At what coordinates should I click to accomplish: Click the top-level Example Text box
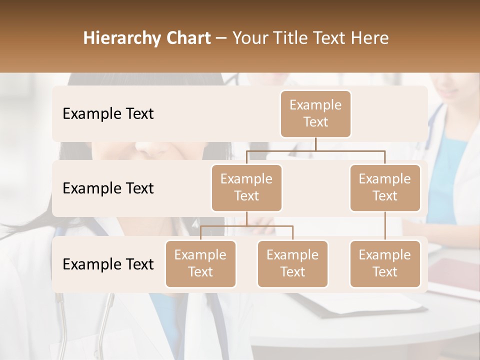click(x=315, y=113)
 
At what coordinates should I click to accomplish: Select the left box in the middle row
click(x=246, y=187)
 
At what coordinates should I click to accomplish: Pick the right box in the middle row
click(x=385, y=187)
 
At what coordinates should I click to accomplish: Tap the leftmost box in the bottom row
click(x=200, y=263)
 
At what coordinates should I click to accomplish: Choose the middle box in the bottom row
click(x=292, y=263)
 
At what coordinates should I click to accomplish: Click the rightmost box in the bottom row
click(x=385, y=263)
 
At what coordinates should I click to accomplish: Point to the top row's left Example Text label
click(x=108, y=114)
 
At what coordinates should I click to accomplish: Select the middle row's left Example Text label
click(x=108, y=188)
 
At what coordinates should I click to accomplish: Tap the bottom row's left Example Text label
click(x=108, y=264)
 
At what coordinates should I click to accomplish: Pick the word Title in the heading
click(x=290, y=38)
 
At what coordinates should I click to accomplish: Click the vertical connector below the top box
click(x=315, y=144)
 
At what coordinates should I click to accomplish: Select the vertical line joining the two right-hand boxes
click(x=385, y=226)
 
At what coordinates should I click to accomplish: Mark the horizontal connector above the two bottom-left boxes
click(x=246, y=226)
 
